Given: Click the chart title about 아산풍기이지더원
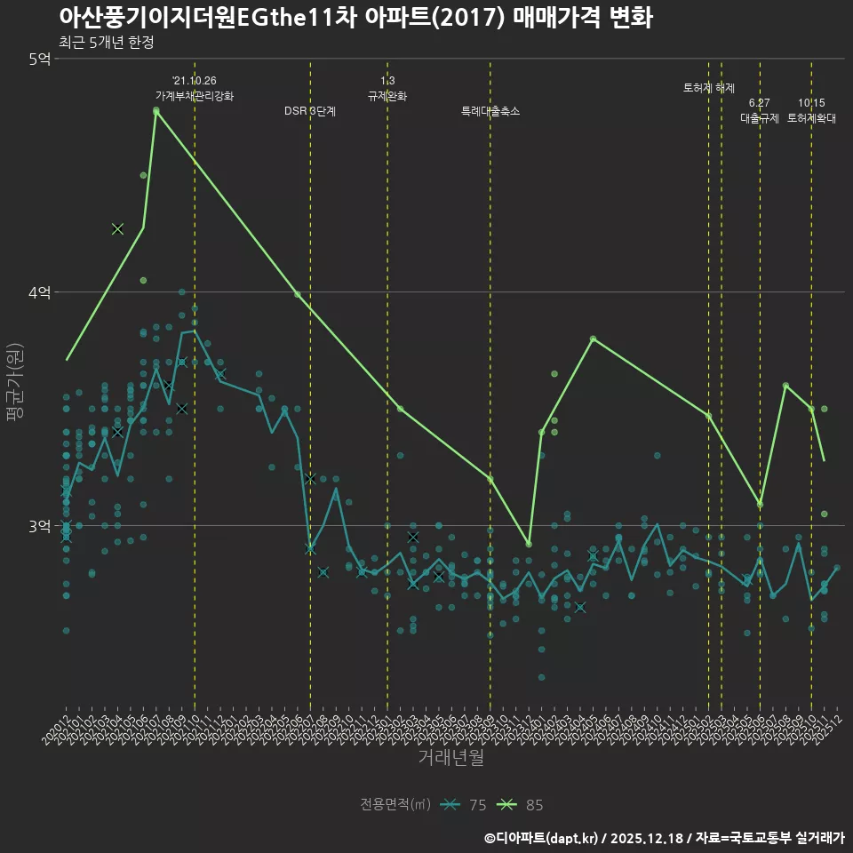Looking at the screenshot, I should [x=355, y=18].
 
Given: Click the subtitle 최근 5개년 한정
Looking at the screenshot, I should [x=106, y=43].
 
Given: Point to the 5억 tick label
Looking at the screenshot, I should [x=39, y=59].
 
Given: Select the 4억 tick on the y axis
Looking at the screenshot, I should [x=39, y=292].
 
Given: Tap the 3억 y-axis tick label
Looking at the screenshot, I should [x=39, y=526].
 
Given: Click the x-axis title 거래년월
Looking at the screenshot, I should [x=451, y=758].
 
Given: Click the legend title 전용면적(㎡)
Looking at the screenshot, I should [x=395, y=805].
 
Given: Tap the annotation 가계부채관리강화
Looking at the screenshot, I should [x=195, y=96].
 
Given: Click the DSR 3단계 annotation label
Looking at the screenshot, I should [x=309, y=112].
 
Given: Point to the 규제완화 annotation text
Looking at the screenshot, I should [x=387, y=96].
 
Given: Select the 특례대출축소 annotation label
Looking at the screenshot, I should [x=490, y=112].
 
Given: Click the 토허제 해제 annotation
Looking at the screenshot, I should [x=709, y=88].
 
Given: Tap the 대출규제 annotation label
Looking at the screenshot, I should [x=760, y=117].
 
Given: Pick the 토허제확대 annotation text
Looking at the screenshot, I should [x=811, y=117].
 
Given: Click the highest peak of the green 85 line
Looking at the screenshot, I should [x=156, y=111].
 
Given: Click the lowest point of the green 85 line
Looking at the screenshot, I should [x=529, y=544].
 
